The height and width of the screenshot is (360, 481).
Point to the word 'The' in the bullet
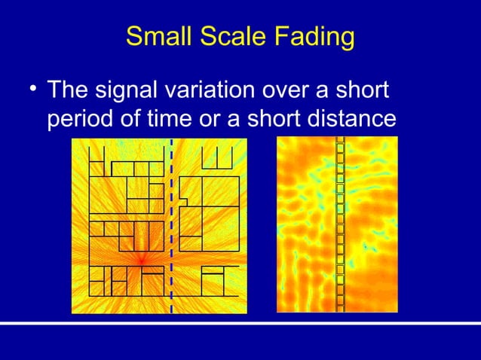pos(69,92)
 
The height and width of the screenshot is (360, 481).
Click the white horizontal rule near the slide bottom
pos(240,324)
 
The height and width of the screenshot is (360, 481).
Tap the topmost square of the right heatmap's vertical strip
pos(340,140)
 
